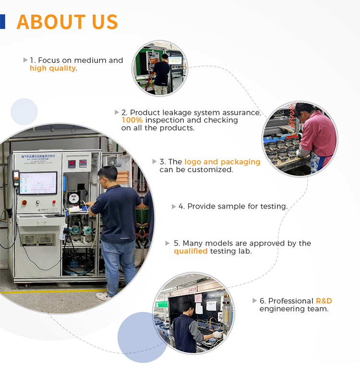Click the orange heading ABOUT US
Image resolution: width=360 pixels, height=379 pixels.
(67, 22)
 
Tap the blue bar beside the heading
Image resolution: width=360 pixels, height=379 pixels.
(2, 22)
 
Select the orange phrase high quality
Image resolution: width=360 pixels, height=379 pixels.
(53, 69)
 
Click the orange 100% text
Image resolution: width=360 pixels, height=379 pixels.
(132, 120)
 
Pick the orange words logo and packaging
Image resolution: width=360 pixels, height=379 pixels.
(222, 162)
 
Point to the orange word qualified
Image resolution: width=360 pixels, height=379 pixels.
(191, 251)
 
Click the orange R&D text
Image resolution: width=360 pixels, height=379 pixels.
(324, 301)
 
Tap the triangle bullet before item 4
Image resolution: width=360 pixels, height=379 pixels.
(174, 206)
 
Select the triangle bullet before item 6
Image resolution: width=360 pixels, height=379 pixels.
(254, 301)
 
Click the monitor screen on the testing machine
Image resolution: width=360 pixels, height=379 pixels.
(38, 183)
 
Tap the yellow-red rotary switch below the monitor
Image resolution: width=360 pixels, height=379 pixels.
(24, 202)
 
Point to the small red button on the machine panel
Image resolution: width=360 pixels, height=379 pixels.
(54, 201)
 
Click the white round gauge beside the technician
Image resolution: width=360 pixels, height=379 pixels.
(74, 199)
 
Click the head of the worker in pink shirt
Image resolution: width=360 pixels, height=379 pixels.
(303, 110)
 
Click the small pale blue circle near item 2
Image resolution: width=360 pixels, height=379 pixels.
(24, 112)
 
